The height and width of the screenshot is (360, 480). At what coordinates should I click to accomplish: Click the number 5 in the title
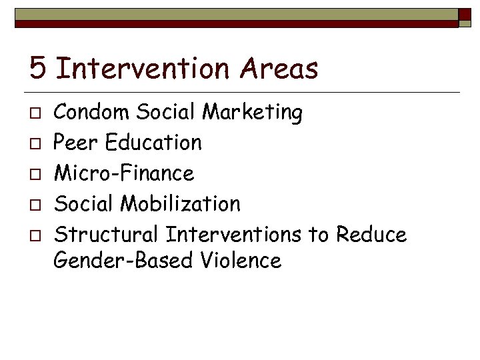coord(39,68)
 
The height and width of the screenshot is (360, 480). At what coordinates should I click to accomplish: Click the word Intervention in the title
coord(148,68)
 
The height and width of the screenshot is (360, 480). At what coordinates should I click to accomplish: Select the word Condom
coord(92,112)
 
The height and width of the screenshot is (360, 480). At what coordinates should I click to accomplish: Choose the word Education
coord(153,143)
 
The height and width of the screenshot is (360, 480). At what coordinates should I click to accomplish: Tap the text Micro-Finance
coord(124,173)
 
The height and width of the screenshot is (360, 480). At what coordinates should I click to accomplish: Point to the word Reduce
coord(371,235)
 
